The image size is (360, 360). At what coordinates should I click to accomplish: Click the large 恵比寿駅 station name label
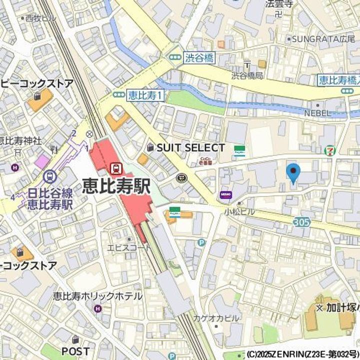pyautogui.click(x=115, y=187)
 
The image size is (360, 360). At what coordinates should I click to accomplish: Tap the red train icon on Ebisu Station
pyautogui.click(x=116, y=167)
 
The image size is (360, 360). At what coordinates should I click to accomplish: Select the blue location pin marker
pyautogui.click(x=293, y=172)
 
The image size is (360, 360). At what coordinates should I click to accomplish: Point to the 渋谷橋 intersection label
pyautogui.click(x=198, y=58)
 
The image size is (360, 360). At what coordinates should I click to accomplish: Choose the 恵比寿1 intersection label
pyautogui.click(x=144, y=95)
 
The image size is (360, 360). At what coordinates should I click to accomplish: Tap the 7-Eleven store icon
pyautogui.click(x=329, y=149)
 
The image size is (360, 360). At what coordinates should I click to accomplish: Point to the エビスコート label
pyautogui.click(x=129, y=247)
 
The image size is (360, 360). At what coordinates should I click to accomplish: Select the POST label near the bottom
pyautogui.click(x=75, y=351)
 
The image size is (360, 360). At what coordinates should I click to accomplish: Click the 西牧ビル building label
pyautogui.click(x=41, y=18)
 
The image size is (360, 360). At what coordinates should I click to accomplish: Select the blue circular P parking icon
pyautogui.click(x=201, y=242)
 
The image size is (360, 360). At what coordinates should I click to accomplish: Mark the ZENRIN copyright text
pyautogui.click(x=302, y=354)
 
